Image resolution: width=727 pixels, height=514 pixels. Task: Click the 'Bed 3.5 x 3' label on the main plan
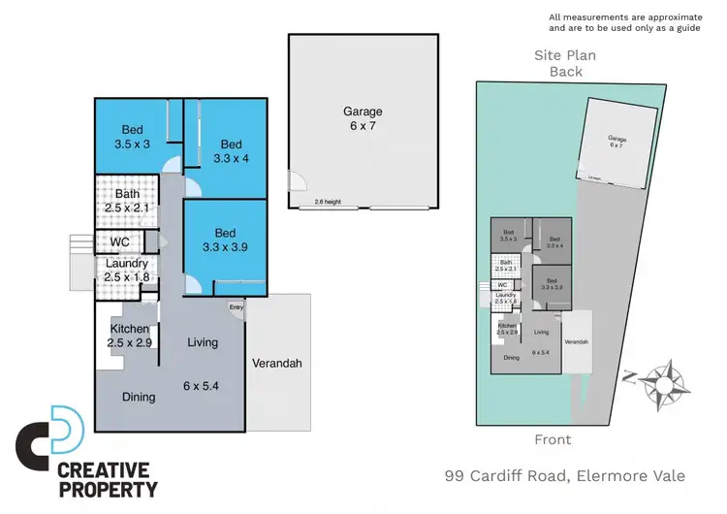tap(134, 137)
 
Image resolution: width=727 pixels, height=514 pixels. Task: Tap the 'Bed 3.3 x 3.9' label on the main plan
tap(225, 241)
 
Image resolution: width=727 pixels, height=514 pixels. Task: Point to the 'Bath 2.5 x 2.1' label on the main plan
tap(127, 201)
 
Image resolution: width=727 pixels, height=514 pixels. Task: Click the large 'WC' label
tap(119, 241)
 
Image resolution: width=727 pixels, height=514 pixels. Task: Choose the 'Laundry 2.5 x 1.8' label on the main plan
tap(127, 271)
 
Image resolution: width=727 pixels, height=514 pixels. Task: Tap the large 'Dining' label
tap(140, 397)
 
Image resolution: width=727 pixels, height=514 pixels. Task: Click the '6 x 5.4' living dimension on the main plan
tap(203, 386)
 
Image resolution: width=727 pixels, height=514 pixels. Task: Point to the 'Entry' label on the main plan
tap(237, 307)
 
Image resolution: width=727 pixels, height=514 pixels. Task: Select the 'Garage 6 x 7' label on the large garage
tap(363, 119)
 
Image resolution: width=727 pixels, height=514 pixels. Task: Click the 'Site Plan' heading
tap(565, 56)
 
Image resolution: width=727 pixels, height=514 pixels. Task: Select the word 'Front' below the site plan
tap(553, 439)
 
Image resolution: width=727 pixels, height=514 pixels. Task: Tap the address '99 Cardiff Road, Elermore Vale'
tap(564, 475)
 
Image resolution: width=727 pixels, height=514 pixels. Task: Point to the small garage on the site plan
tap(615, 142)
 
